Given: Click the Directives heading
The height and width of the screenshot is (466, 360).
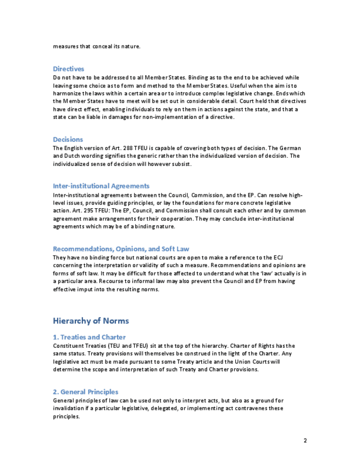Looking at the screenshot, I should pyautogui.click(x=69, y=69).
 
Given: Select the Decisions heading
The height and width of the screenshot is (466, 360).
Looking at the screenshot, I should pyautogui.click(x=68, y=140).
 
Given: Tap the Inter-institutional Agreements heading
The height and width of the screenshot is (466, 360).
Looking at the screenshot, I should pyautogui.click(x=101, y=186).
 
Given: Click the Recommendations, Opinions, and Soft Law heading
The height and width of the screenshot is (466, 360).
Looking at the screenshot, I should pyautogui.click(x=121, y=249).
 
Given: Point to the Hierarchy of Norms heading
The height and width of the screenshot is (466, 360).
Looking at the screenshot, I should pyautogui.click(x=91, y=321).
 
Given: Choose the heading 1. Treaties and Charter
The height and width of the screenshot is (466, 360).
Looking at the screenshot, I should pyautogui.click(x=90, y=337).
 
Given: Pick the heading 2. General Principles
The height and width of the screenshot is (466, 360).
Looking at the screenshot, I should pyautogui.click(x=86, y=392).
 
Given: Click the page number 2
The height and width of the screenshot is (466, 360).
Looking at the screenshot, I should pyautogui.click(x=305, y=441).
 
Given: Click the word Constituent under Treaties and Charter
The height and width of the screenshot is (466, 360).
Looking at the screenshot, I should pyautogui.click(x=69, y=346).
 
